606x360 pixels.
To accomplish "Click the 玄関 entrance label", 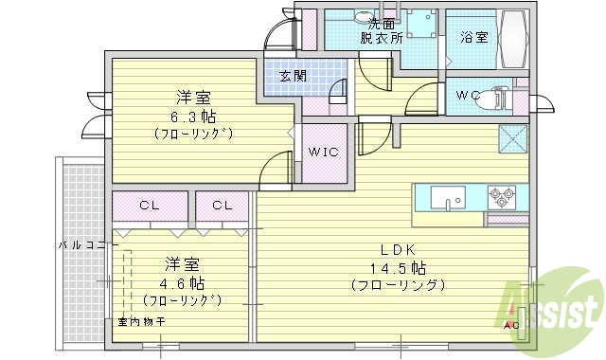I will (293, 76).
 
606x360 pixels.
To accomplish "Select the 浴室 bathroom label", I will (473, 38).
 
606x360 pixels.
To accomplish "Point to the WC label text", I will (469, 96).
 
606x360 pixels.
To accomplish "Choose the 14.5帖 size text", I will (397, 267).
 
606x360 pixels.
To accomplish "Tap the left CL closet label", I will (149, 205).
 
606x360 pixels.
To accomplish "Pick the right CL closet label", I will (223, 205).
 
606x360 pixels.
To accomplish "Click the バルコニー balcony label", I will (88, 244).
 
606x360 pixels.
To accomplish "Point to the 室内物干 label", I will (141, 322).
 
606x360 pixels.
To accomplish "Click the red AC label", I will (512, 326).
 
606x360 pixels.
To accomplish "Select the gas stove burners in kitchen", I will (501, 197).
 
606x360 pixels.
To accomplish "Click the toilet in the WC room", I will (500, 97).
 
